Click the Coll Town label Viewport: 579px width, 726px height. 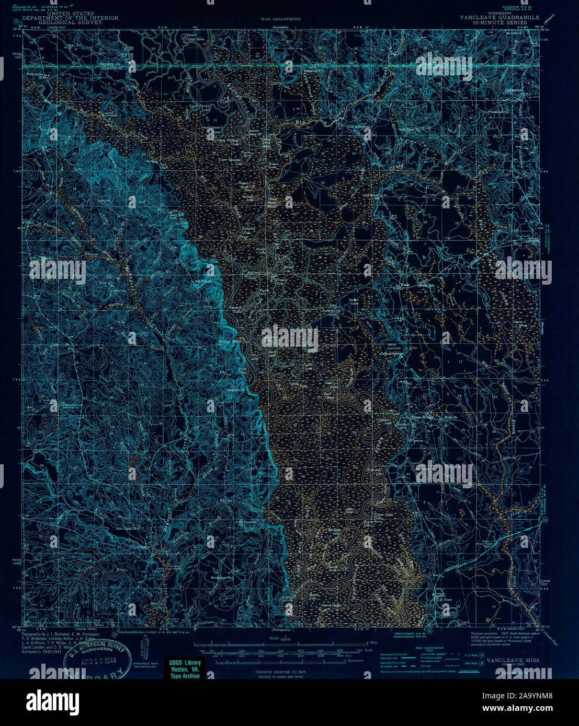tap(444, 600)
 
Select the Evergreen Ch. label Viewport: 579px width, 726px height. tap(220, 578)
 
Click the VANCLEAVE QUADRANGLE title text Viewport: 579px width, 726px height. tap(499, 17)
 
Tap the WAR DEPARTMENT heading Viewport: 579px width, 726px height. tap(280, 19)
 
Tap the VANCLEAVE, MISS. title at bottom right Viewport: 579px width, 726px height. tap(513, 661)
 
